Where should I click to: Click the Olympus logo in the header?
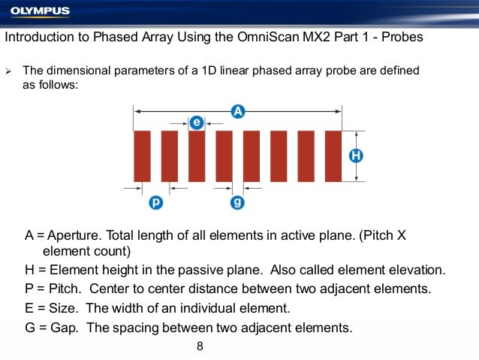coord(40,11)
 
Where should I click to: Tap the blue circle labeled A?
coord(237,111)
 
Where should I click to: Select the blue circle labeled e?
coord(197,122)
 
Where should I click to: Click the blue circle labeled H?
coord(356,156)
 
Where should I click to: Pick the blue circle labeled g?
coord(238,202)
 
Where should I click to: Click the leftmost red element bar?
coord(142,156)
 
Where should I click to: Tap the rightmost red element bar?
coord(333,156)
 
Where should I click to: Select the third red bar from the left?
coord(197,156)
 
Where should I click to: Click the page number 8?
coord(200,346)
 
